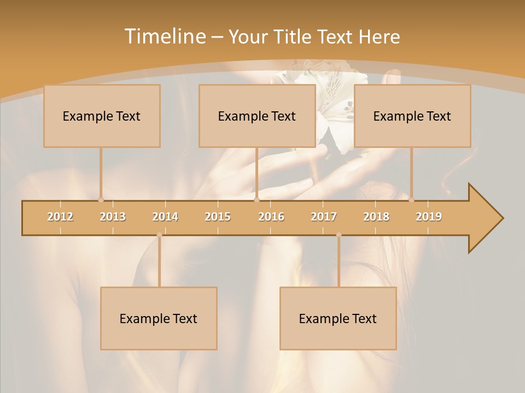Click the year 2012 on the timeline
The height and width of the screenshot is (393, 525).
[x=60, y=217]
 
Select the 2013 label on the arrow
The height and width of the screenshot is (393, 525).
[x=113, y=217]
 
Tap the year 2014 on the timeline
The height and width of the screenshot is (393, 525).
[x=165, y=217]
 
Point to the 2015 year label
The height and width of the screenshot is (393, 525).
[x=218, y=217]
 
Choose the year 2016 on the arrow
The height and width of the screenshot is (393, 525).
[x=271, y=217]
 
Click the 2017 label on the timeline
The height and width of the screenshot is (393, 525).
[x=324, y=217]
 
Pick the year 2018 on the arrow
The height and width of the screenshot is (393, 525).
[x=376, y=217]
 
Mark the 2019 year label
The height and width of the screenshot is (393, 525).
[x=429, y=217]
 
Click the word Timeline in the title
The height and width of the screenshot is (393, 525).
[x=165, y=37]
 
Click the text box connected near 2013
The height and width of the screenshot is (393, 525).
[x=102, y=116]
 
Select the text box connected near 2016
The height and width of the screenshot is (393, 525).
[x=257, y=116]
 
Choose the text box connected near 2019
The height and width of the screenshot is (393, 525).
[x=412, y=116]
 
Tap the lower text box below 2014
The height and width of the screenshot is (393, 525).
[x=159, y=318]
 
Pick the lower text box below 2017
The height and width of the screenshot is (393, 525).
[x=338, y=318]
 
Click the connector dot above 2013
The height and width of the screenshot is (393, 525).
[x=101, y=200]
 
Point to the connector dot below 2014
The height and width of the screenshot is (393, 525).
[x=159, y=235]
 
